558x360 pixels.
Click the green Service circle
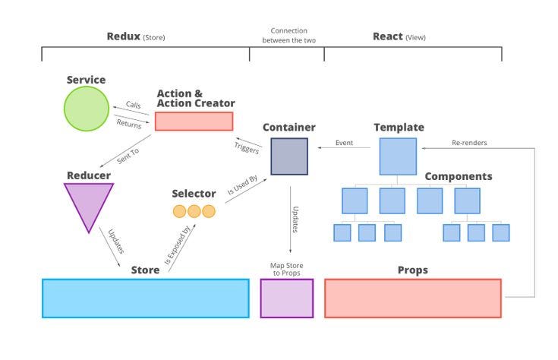point(87,109)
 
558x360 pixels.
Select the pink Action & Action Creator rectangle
point(194,122)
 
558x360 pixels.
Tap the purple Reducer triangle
point(90,205)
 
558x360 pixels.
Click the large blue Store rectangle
point(145,298)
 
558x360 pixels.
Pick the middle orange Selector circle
point(194,212)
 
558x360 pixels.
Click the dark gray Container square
point(285,156)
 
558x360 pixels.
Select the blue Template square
point(398,156)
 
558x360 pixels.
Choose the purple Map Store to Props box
point(286,298)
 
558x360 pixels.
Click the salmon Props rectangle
point(412,298)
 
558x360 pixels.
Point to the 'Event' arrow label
point(344,142)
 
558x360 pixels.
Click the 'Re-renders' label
point(470,142)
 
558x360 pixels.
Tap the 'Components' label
point(458,176)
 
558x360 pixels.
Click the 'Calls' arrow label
point(133,106)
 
